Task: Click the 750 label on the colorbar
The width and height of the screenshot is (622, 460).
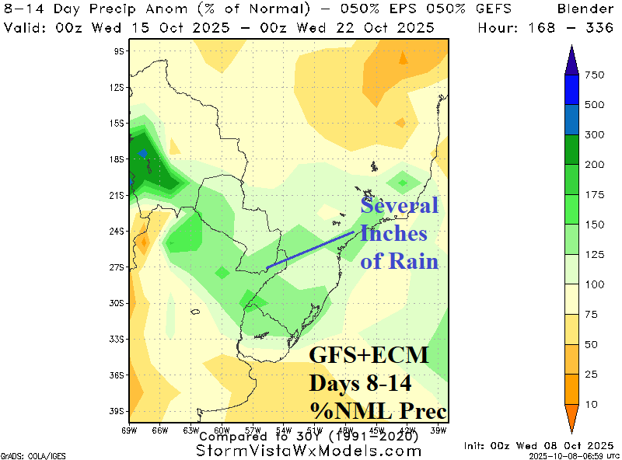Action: [595, 75]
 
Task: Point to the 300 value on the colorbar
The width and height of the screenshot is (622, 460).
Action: [595, 134]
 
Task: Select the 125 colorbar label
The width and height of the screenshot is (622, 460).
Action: [595, 255]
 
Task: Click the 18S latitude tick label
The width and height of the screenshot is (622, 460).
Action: [118, 159]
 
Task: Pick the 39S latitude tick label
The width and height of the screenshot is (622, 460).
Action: [118, 411]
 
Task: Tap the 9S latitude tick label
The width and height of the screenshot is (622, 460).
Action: [120, 51]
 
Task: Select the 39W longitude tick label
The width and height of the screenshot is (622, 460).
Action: [439, 429]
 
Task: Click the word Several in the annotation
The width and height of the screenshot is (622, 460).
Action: [400, 207]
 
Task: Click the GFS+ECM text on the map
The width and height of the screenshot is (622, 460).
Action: [369, 356]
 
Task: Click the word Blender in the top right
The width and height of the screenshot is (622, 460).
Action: [587, 9]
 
